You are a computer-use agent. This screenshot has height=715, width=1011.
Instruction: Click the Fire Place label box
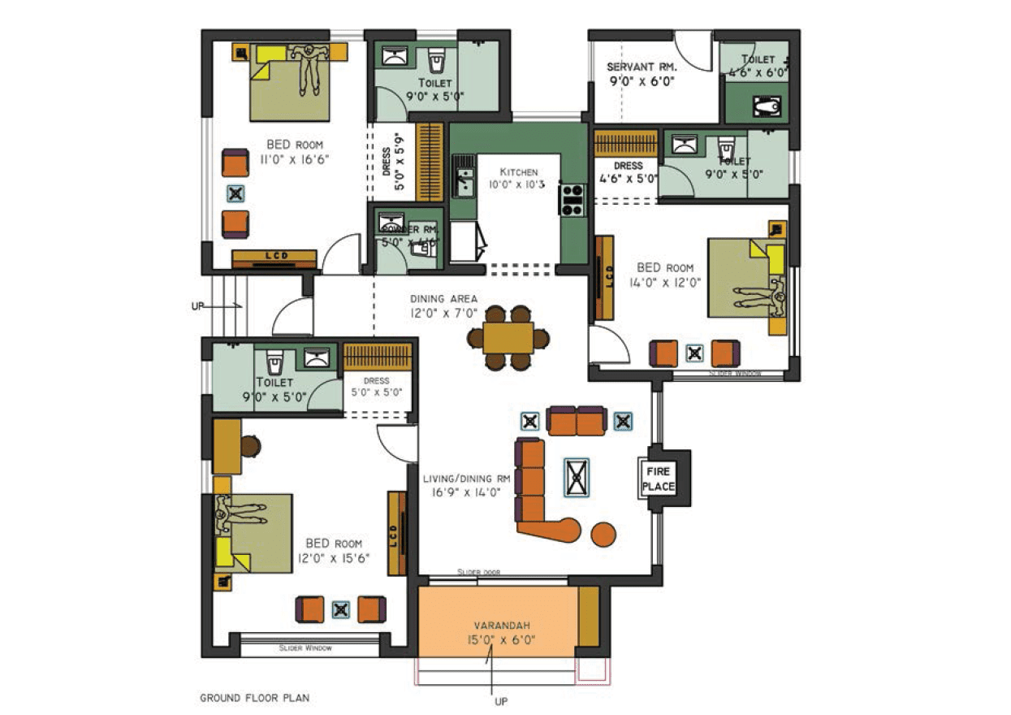(659, 479)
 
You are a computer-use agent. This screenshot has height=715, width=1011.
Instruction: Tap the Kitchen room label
(518, 172)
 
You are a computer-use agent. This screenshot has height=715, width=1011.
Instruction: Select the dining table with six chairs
(508, 338)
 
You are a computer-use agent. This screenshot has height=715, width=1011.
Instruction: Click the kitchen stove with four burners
(572, 200)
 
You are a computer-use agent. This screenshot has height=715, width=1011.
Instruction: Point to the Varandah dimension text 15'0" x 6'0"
(501, 640)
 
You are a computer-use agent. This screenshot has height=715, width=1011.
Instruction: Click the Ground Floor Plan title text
(254, 697)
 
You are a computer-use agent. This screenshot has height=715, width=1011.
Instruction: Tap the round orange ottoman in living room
(603, 534)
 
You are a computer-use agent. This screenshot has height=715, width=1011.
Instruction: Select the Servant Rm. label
(637, 67)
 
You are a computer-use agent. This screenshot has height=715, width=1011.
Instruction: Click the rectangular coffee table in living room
(577, 477)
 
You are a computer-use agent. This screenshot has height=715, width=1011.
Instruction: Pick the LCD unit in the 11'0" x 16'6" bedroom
(274, 258)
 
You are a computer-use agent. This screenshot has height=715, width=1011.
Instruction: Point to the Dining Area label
(443, 298)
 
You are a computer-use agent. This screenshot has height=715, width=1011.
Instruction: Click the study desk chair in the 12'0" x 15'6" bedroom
(250, 446)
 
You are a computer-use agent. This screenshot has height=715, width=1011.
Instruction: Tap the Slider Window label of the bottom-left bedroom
(305, 648)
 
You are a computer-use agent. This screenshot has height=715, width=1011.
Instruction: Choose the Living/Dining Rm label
(466, 479)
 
